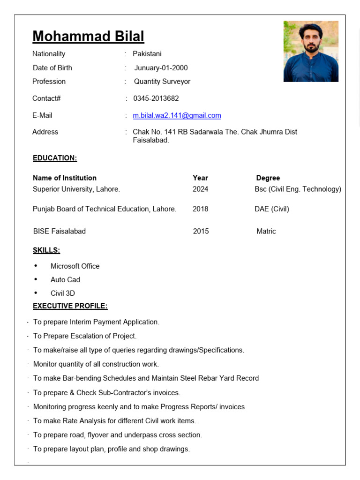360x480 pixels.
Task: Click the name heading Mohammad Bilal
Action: [88, 36]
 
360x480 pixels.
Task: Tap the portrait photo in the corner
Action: [311, 51]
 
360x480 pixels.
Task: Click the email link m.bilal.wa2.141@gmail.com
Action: [177, 115]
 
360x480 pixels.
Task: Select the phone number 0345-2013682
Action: [156, 98]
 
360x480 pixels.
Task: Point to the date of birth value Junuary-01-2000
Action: [161, 68]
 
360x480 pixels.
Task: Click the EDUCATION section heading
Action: [55, 158]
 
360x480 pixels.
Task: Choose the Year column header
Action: [200, 178]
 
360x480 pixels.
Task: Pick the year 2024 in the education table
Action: [200, 189]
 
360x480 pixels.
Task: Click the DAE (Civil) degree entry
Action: [272, 209]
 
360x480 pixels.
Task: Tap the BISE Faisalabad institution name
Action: [60, 231]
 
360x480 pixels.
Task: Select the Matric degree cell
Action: [266, 231]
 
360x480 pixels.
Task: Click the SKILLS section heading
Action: [46, 250]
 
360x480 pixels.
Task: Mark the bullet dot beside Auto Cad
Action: [36, 279]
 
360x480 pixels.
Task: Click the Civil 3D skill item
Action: [63, 293]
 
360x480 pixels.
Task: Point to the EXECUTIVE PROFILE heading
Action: [70, 306]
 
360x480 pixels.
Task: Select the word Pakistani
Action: [147, 54]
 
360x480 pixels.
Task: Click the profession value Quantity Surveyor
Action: [162, 82]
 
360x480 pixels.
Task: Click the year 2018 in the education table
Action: [200, 209]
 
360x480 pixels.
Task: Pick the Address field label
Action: [45, 132]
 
